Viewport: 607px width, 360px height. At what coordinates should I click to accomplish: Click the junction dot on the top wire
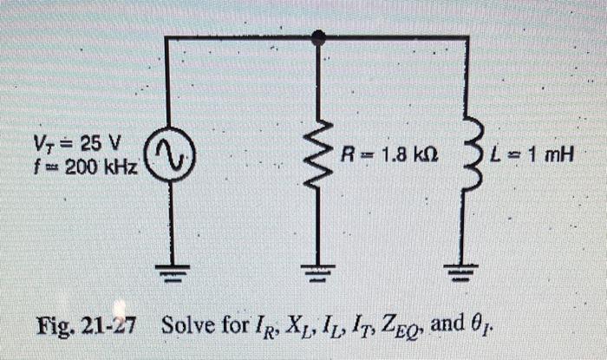click(x=319, y=37)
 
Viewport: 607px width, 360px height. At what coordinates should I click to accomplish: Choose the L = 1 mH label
click(x=532, y=157)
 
